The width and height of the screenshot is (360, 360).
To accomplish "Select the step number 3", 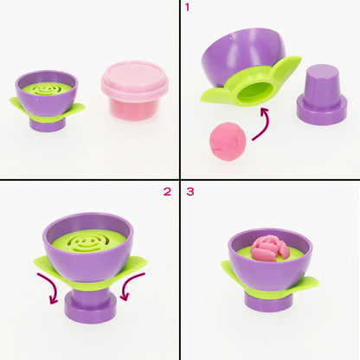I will [x=190, y=191].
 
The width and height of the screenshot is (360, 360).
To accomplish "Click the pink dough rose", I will [x=270, y=248].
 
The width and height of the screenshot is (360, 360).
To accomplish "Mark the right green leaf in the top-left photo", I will [x=75, y=109].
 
